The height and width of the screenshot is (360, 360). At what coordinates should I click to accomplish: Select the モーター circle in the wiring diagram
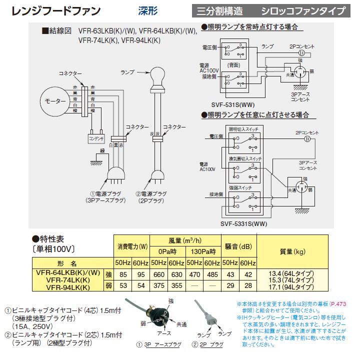(x=56, y=101)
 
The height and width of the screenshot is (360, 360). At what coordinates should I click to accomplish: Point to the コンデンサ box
(x=95, y=137)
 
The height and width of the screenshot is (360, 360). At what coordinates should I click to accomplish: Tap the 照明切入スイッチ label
(x=244, y=128)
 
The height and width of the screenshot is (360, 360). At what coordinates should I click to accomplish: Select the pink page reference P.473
(x=340, y=303)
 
